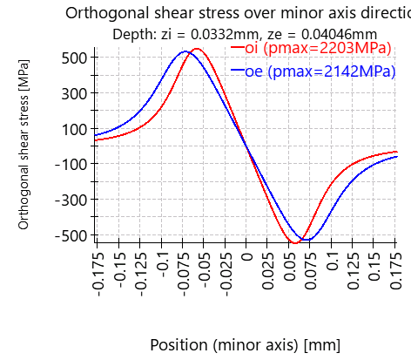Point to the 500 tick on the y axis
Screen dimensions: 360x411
(73, 58)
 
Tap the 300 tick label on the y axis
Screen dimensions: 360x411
(73, 93)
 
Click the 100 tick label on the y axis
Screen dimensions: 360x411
(73, 129)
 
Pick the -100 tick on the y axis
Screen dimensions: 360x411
(69, 164)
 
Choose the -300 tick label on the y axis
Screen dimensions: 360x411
(69, 200)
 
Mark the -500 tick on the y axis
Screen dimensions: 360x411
(69, 234)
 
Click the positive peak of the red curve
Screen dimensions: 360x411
(198, 50)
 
